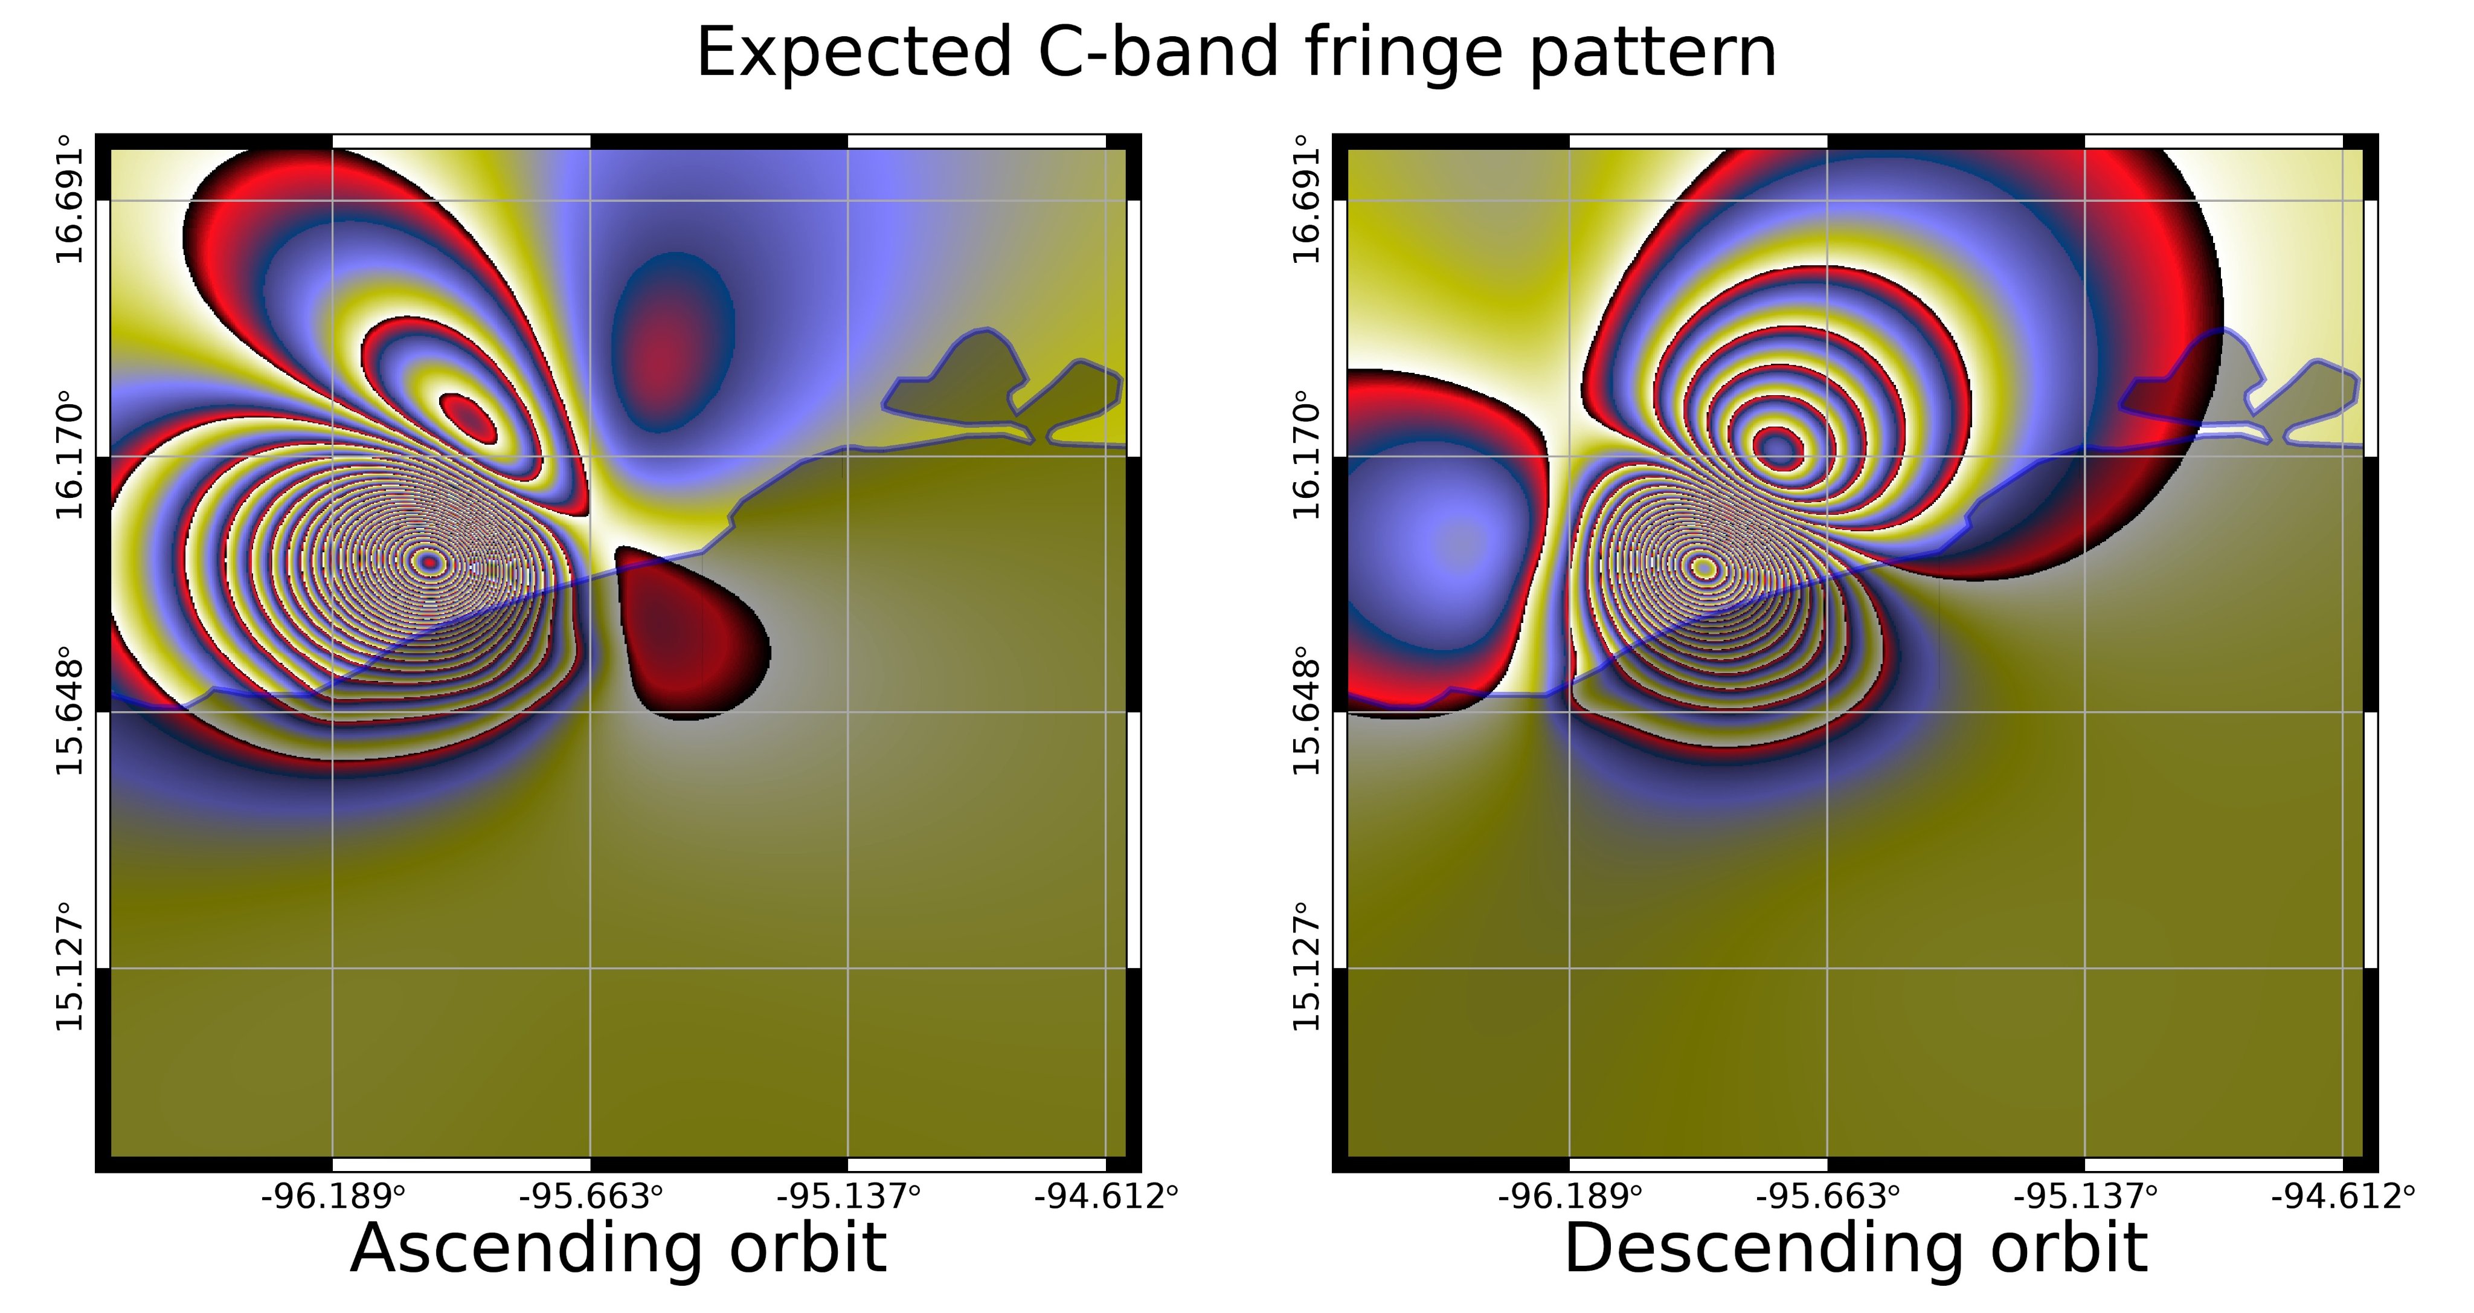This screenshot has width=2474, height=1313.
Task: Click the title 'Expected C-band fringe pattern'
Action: click(1236, 53)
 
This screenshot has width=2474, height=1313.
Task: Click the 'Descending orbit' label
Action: click(1855, 1248)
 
